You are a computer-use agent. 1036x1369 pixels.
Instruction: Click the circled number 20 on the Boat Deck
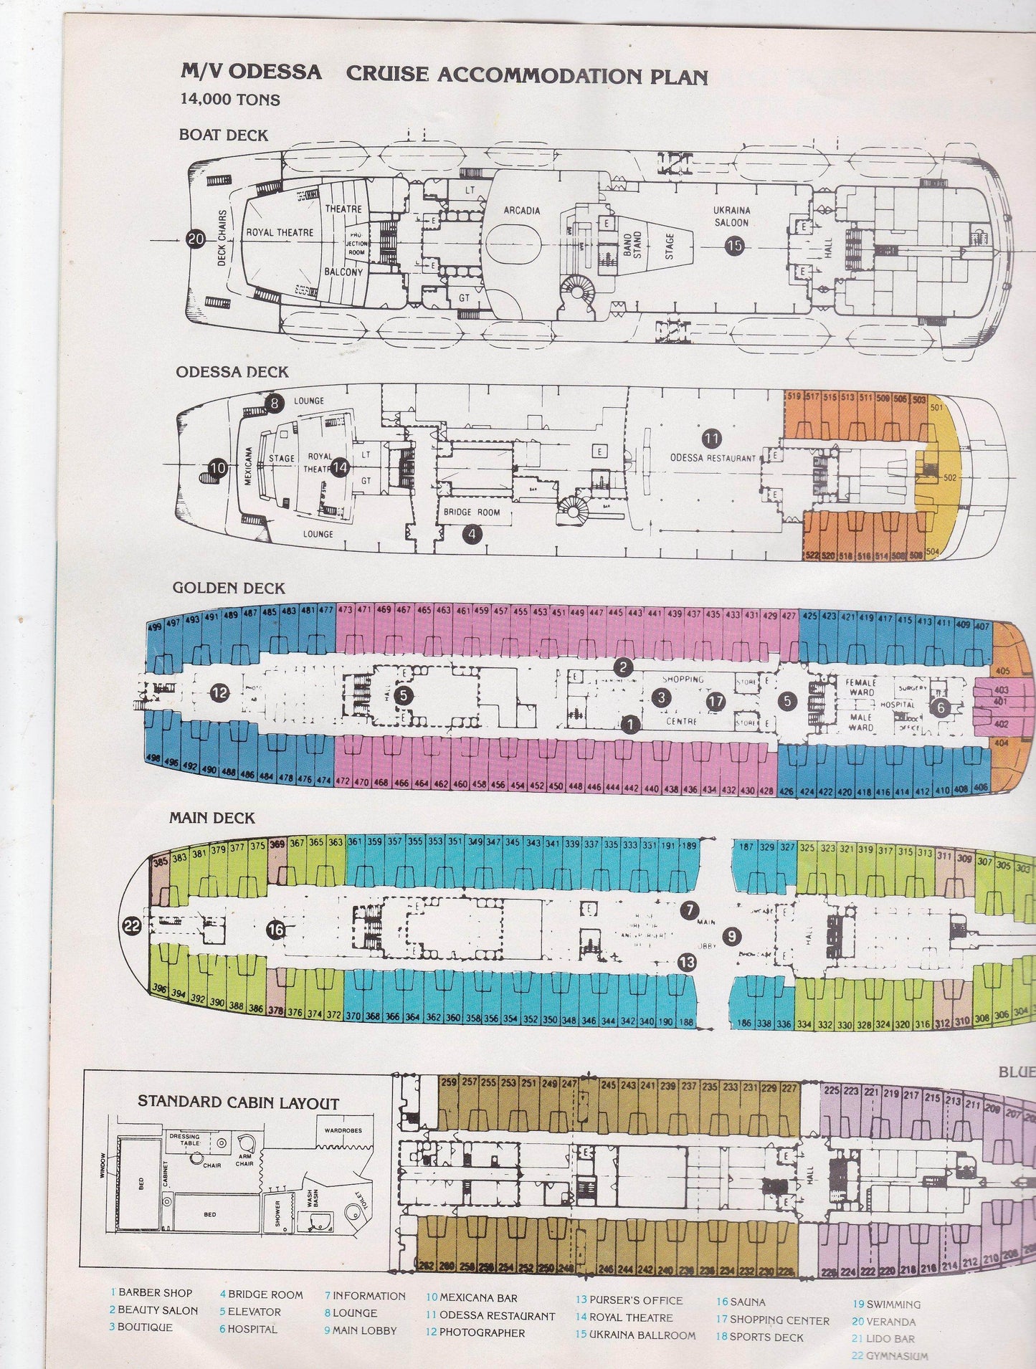(195, 241)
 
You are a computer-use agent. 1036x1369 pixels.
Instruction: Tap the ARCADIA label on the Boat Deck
(521, 210)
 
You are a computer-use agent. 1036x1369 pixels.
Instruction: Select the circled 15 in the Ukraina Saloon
(734, 246)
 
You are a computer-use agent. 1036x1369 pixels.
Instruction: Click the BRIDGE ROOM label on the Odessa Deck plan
(471, 513)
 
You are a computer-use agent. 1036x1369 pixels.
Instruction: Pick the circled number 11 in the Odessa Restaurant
(712, 438)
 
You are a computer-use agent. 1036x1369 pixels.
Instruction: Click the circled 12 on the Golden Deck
(219, 693)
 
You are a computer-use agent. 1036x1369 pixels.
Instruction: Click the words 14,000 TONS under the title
(230, 99)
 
